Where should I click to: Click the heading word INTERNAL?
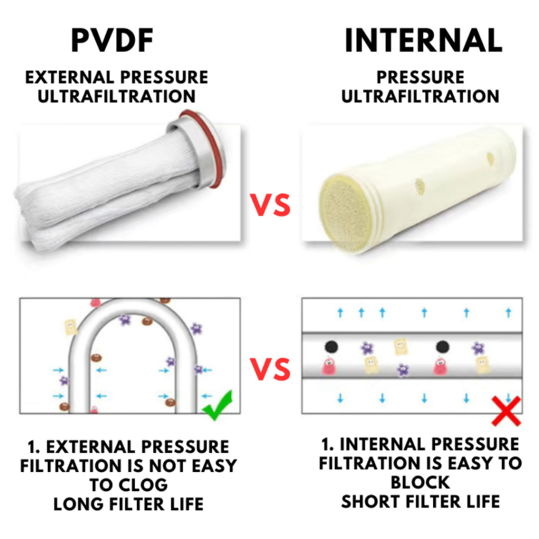point(423,40)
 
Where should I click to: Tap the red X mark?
point(506,411)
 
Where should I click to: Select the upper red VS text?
point(269,205)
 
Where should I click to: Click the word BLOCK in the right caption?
point(421,482)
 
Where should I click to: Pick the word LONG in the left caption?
point(78,504)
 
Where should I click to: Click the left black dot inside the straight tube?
point(331,346)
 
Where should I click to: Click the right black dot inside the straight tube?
point(442,346)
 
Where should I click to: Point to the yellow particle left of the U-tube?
point(71,326)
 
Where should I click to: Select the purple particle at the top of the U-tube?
point(125,319)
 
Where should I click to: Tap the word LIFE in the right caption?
point(481,501)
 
